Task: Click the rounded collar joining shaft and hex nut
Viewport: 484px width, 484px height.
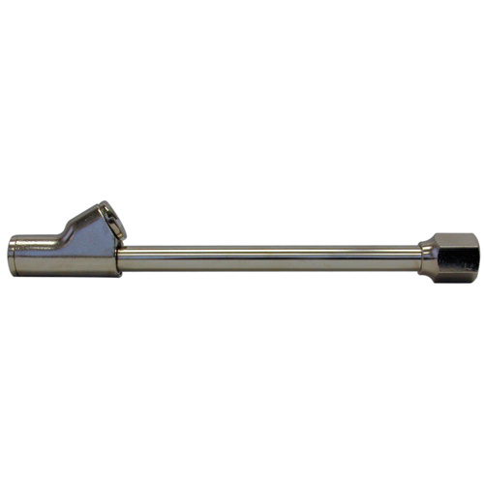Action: tap(424, 257)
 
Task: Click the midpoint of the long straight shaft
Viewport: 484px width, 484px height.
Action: tap(271, 257)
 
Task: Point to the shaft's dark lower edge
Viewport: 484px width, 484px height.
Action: tap(271, 267)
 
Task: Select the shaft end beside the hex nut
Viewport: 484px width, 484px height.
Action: tap(411, 257)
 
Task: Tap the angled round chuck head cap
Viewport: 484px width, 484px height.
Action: tap(106, 220)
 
